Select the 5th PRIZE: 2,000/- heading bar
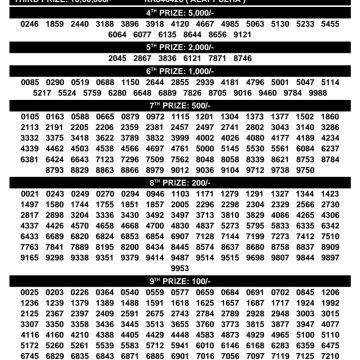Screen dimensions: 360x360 click(x=180, y=45)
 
